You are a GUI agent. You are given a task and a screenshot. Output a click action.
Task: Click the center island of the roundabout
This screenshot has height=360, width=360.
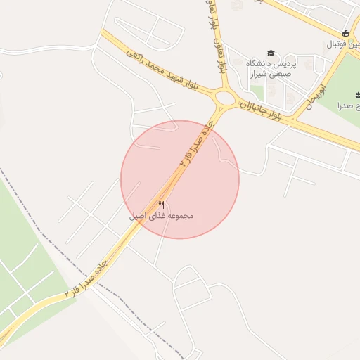[x=226, y=97]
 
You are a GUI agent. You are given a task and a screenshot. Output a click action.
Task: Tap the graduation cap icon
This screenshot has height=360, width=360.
[x=271, y=53]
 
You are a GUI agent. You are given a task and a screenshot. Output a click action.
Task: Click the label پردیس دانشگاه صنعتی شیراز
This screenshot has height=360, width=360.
[x=271, y=68]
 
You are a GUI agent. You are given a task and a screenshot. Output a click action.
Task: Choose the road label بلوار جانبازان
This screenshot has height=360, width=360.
[x=261, y=110]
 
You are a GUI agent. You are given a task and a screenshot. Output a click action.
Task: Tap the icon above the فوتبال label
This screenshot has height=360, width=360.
[x=345, y=33]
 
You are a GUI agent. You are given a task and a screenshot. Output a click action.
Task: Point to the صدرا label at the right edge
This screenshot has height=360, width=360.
[x=349, y=105]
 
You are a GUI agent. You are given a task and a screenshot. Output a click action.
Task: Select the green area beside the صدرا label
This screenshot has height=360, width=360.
[x=345, y=84]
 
